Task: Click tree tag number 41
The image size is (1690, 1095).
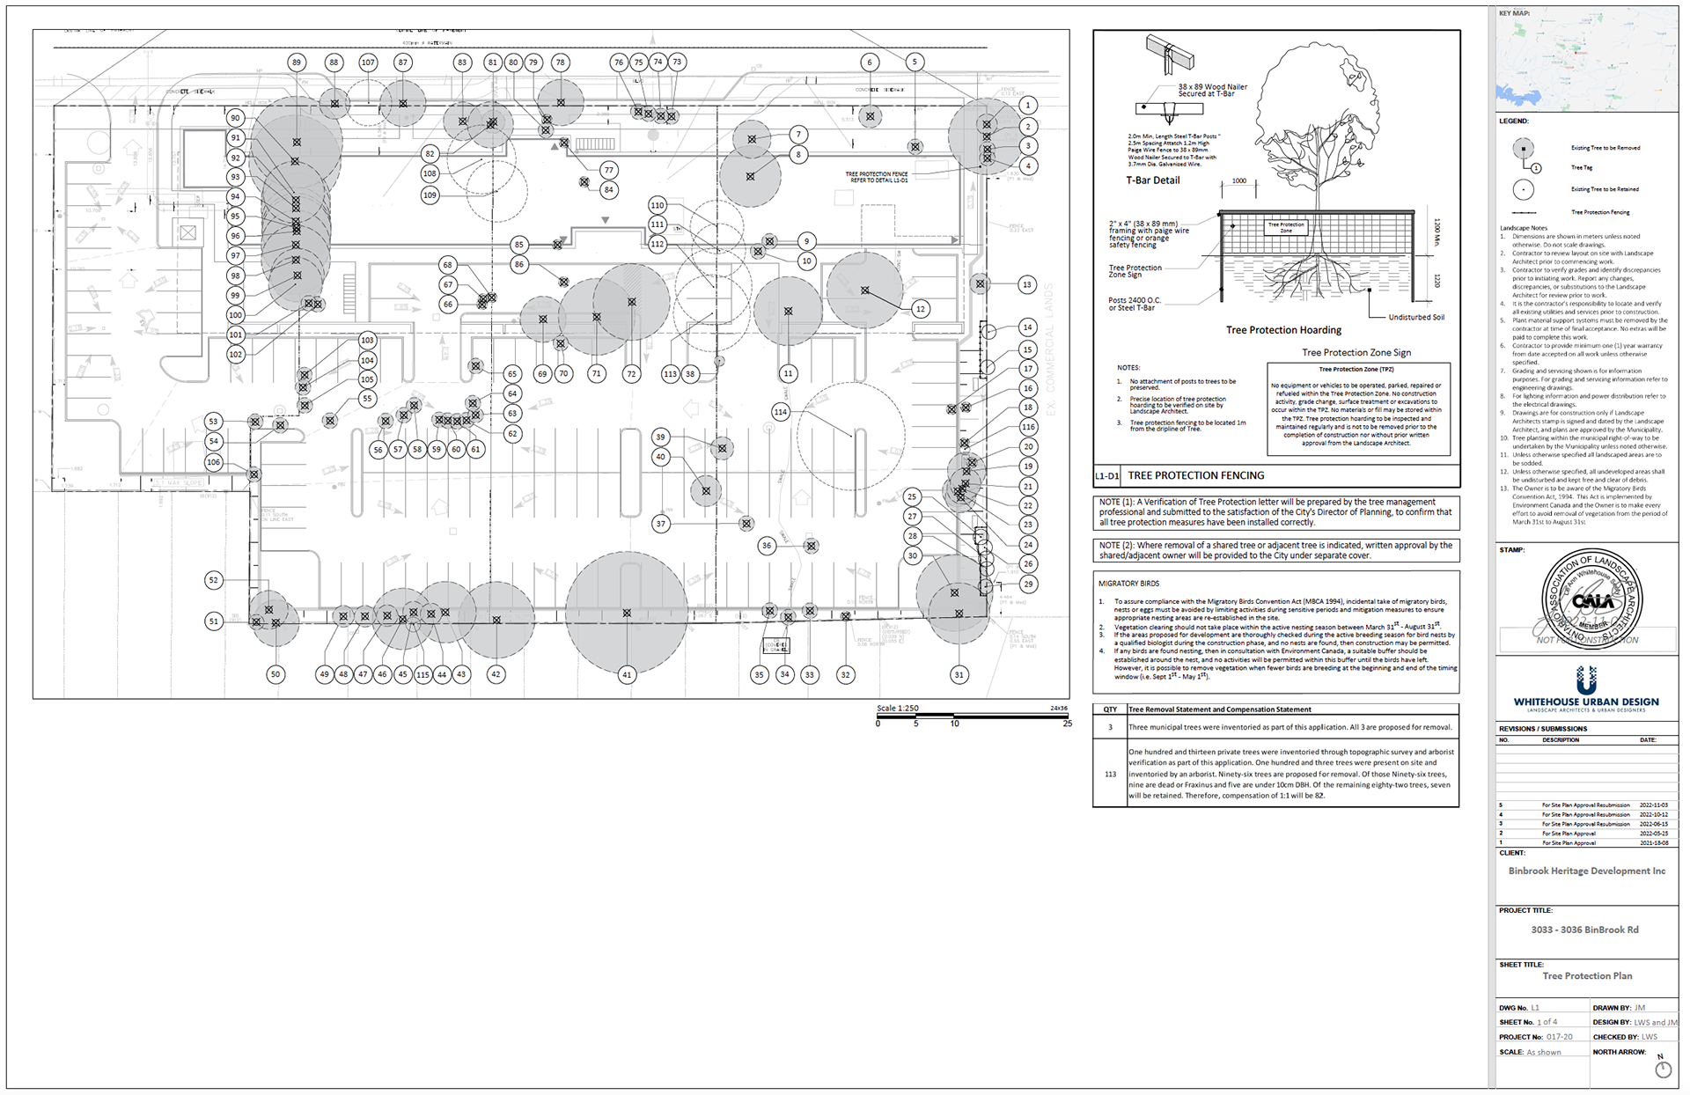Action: pos(627,675)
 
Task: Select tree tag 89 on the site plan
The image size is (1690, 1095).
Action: pos(297,62)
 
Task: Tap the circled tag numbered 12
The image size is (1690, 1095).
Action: pos(921,309)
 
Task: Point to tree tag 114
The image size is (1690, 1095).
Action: pos(780,412)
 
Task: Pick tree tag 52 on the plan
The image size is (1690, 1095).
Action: pos(213,580)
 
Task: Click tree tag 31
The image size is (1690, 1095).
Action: pos(959,675)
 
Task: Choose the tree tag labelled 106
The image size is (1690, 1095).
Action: pos(213,462)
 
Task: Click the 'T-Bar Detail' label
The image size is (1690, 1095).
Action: pos(1153,180)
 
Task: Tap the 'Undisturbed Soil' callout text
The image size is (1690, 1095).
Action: pos(1416,317)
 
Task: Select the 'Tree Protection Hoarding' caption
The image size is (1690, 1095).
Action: pos(1283,330)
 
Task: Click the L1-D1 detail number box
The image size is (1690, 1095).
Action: pos(1106,476)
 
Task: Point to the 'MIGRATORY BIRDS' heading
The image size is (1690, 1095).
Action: pos(1128,584)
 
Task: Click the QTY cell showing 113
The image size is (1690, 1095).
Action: pos(1110,775)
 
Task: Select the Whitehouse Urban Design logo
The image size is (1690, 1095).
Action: pos(1586,689)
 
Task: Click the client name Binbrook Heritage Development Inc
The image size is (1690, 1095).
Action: pos(1586,871)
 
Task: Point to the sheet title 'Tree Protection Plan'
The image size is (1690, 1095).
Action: pos(1587,976)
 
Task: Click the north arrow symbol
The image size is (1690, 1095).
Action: pos(1663,1068)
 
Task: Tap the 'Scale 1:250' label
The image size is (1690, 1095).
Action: pos(897,709)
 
